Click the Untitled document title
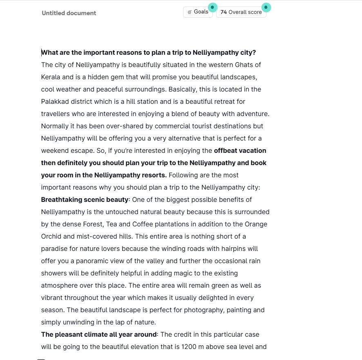[69, 13]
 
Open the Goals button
[198, 12]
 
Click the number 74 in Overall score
[223, 12]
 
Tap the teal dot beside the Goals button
[212, 7]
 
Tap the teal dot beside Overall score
[266, 7]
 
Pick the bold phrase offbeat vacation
[240, 150]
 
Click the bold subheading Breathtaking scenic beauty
[85, 199]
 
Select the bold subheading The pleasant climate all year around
[98, 334]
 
